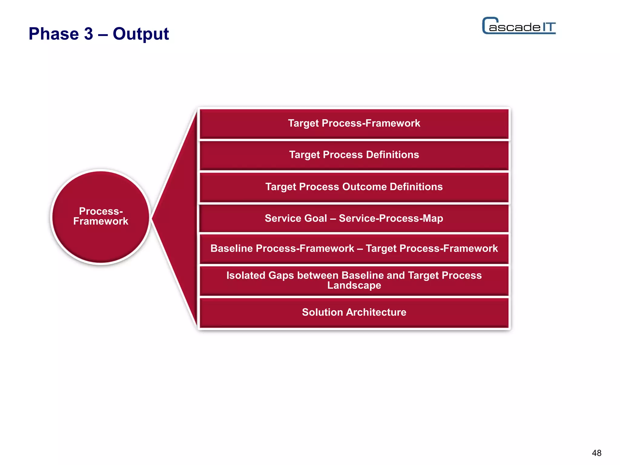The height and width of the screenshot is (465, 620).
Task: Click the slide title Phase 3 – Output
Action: (x=99, y=34)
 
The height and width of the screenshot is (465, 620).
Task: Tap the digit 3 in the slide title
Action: (x=88, y=34)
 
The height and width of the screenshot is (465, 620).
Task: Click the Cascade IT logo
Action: (x=519, y=26)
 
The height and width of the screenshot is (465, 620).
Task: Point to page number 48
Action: (x=596, y=453)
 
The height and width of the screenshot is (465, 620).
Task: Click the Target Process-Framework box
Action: (x=354, y=124)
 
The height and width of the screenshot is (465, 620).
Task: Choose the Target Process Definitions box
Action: (x=354, y=155)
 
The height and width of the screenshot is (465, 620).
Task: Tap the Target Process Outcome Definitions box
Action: (x=354, y=187)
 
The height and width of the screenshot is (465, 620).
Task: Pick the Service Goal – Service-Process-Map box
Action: (x=354, y=218)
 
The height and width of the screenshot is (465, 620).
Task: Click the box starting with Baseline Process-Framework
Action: (x=354, y=249)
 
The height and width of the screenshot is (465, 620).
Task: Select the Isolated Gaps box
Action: (x=354, y=280)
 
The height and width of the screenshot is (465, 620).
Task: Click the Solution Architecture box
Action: (x=354, y=312)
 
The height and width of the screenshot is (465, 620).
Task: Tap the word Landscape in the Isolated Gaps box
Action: (x=354, y=285)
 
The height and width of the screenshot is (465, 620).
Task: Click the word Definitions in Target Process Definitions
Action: (x=392, y=155)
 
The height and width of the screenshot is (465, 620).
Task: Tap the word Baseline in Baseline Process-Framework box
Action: (x=232, y=249)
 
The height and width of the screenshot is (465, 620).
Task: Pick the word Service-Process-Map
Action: (x=391, y=218)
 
